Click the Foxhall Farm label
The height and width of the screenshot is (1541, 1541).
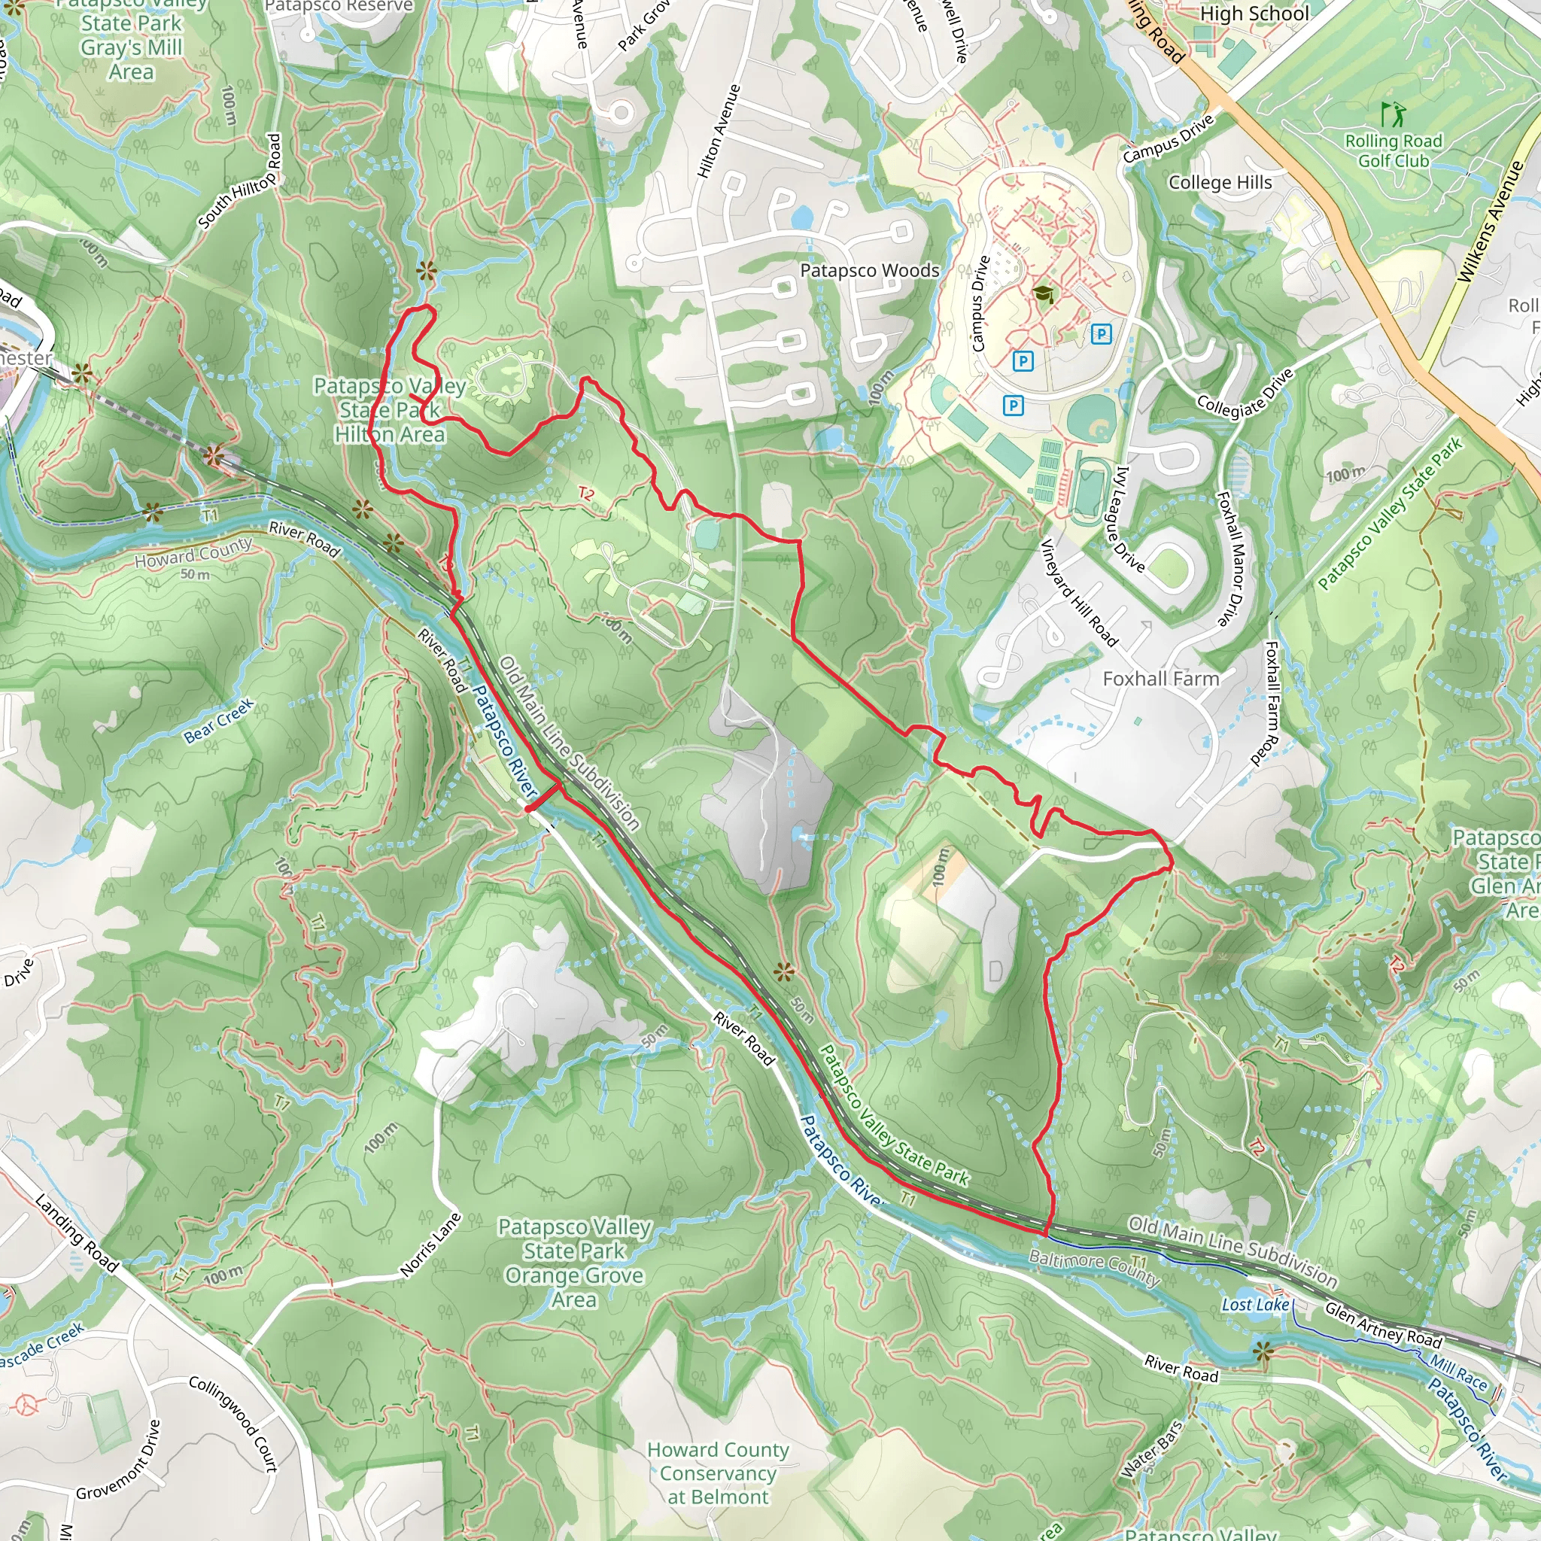pos(1160,679)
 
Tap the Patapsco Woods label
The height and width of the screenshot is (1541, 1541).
pos(869,270)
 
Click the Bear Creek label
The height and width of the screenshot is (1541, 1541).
pos(218,720)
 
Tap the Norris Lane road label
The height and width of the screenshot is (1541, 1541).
pos(431,1245)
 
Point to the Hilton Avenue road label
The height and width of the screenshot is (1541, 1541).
pos(719,131)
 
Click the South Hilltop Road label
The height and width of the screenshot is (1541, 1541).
pos(240,182)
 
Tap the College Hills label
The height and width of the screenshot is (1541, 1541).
pos(1220,183)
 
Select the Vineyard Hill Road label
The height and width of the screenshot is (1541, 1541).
pos(1078,592)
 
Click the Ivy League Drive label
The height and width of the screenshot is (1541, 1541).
pos(1129,518)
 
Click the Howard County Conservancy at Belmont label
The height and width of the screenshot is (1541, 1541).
pos(718,1473)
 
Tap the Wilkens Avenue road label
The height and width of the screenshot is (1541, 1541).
pos(1490,222)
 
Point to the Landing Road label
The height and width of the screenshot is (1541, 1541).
pos(77,1232)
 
